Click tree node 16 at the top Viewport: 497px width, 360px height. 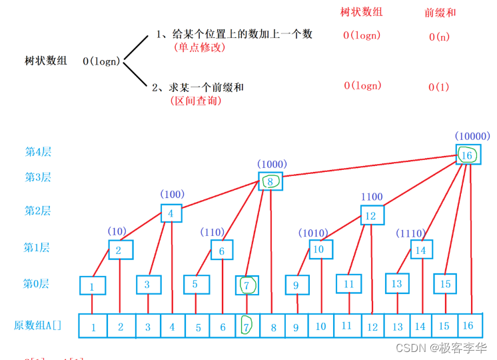[468, 155]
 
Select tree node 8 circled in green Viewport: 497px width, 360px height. [270, 181]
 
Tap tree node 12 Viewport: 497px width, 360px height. [372, 215]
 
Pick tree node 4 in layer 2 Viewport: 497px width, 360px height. [171, 214]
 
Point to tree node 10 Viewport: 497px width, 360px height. [320, 249]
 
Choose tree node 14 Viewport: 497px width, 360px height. [421, 251]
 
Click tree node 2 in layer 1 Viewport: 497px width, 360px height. [120, 250]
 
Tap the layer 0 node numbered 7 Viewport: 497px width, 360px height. [247, 285]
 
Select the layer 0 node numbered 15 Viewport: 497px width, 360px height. [445, 284]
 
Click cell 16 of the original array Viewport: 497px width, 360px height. [468, 326]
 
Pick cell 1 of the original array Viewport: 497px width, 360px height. [93, 327]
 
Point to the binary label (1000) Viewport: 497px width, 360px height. [272, 164]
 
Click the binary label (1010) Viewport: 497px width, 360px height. [312, 233]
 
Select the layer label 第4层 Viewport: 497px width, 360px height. [38, 151]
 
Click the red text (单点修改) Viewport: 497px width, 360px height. [200, 47]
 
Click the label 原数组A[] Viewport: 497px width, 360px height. [38, 325]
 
